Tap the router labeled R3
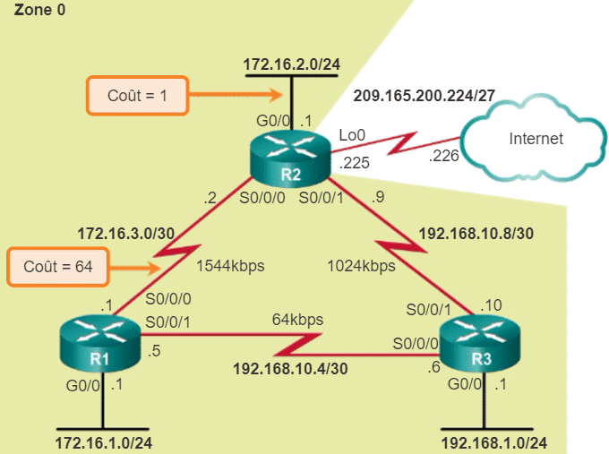click(x=484, y=347)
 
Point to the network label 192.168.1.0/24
click(x=493, y=442)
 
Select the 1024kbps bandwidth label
click(x=362, y=266)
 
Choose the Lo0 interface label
click(x=352, y=135)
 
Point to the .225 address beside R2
click(x=356, y=165)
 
